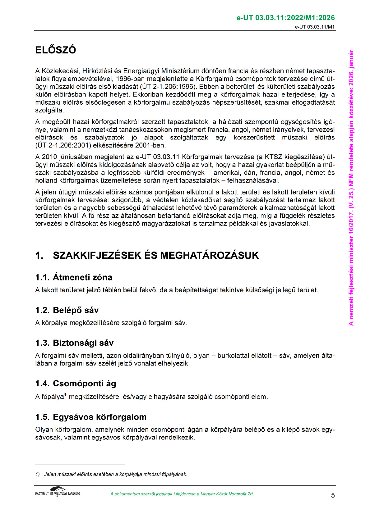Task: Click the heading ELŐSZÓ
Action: click(56, 50)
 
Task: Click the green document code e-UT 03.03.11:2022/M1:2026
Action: click(285, 18)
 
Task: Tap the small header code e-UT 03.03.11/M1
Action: click(315, 27)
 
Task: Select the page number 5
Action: click(333, 495)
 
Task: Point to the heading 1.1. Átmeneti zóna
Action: click(74, 277)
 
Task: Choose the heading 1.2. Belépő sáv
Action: click(67, 310)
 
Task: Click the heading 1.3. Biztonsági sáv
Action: click(74, 343)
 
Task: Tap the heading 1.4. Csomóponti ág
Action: click(76, 384)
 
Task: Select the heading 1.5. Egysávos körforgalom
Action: click(91, 417)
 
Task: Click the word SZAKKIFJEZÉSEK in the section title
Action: click(97, 256)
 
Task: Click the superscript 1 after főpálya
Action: click(66, 395)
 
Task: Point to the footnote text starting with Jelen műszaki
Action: click(115, 474)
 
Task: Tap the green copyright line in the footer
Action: click(182, 494)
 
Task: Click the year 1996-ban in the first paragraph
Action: click(130, 79)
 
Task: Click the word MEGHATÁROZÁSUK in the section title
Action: click(209, 256)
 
